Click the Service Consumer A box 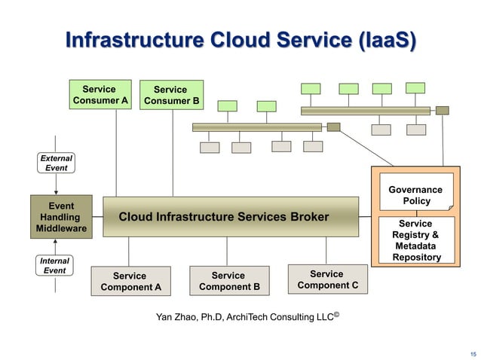point(100,94)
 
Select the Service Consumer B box point(171,95)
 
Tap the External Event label point(56,163)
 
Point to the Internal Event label point(55,265)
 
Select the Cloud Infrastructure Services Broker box point(230,217)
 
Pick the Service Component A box point(130,281)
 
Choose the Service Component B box point(228,280)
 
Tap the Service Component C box point(326,279)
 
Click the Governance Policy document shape point(415,196)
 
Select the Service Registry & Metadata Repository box point(415,240)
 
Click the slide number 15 point(473,354)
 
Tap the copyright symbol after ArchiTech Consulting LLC point(336,314)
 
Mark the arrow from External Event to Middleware point(56,185)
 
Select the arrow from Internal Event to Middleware point(56,248)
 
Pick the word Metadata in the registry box point(415,246)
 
